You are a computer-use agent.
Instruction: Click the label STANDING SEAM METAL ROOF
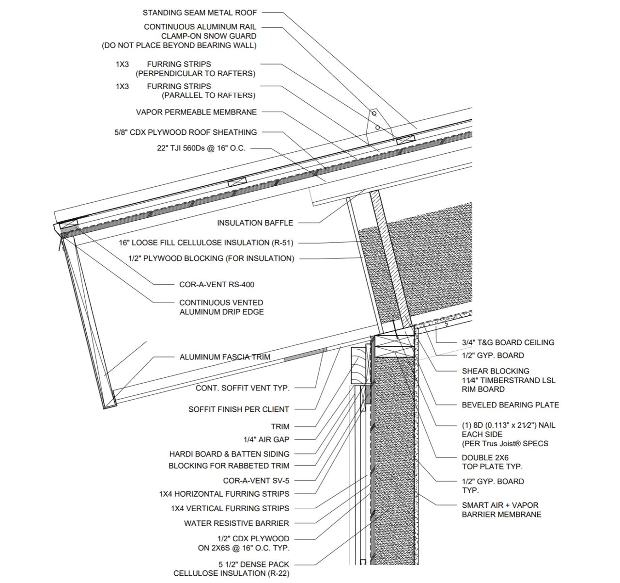(200, 12)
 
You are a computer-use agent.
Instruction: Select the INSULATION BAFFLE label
(255, 223)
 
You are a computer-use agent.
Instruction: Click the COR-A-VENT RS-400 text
(217, 284)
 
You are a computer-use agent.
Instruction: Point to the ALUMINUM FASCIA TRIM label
(225, 357)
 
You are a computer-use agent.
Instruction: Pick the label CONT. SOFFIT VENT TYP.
(242, 388)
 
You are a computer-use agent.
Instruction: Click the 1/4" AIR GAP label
(266, 439)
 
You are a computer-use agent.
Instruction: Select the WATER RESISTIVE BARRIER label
(236, 523)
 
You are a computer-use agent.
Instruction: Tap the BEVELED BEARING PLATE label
(510, 405)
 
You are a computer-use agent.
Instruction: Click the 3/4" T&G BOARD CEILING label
(508, 342)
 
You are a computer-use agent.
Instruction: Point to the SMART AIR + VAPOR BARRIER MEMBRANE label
(501, 510)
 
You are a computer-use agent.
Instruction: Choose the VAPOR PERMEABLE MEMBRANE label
(196, 112)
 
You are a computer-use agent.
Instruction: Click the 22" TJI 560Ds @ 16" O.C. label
(201, 148)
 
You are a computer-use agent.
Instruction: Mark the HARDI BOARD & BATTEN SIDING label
(229, 454)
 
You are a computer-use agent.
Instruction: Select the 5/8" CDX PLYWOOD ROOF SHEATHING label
(186, 132)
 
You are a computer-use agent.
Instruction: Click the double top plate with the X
(396, 346)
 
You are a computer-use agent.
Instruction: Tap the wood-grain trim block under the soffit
(359, 365)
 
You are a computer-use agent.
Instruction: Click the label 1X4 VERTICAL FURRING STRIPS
(230, 508)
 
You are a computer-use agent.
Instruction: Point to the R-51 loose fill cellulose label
(206, 243)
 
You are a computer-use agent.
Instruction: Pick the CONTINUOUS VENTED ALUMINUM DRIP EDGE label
(221, 307)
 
